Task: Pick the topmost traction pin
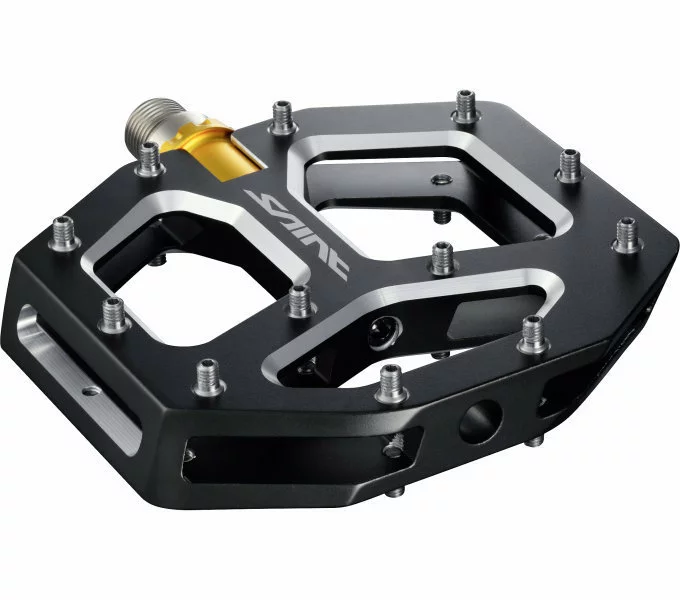click(465, 103)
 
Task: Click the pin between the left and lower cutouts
click(299, 299)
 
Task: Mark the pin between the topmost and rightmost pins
click(568, 163)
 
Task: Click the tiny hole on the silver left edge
click(89, 392)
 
